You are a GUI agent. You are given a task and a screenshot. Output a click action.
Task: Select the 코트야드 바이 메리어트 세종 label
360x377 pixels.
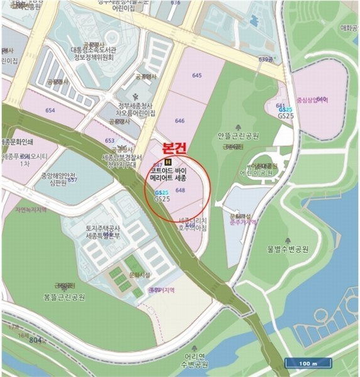click(176, 174)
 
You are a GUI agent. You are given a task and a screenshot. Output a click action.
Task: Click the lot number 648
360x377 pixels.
click(180, 189)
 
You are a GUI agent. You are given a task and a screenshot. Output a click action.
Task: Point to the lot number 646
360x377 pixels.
click(180, 120)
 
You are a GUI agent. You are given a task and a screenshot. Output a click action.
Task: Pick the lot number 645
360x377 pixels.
click(197, 75)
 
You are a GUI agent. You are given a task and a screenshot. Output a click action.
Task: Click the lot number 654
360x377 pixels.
click(50, 111)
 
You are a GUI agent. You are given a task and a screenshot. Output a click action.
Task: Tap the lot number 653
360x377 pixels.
click(109, 141)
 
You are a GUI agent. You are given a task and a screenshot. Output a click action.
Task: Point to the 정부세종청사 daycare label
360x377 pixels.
click(132, 109)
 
